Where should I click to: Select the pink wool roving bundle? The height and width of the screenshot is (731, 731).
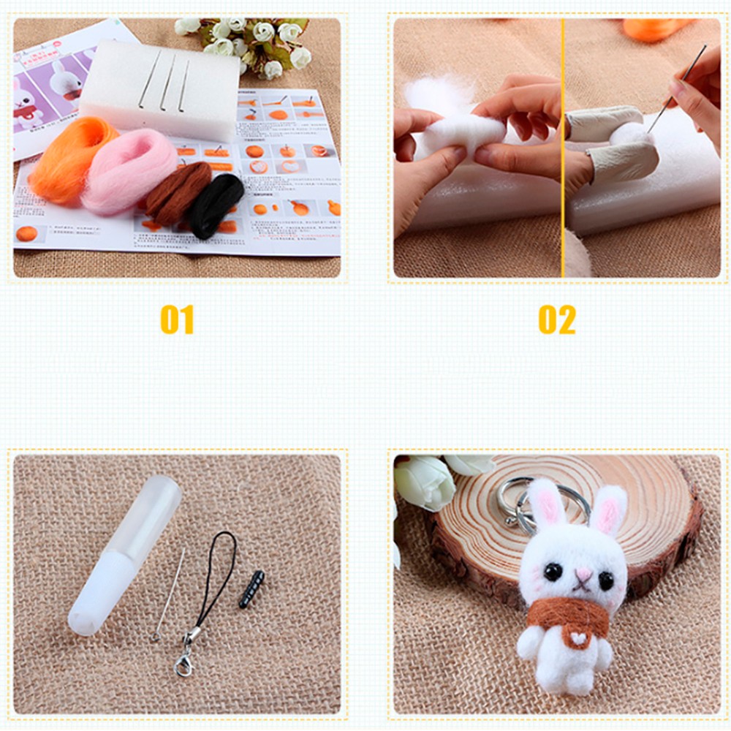[128, 172]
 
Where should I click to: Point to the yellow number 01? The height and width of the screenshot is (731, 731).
[177, 319]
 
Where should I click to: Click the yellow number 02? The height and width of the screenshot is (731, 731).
[557, 319]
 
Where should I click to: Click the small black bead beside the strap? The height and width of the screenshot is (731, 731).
[251, 589]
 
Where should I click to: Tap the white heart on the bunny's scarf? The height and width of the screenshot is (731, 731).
[580, 637]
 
